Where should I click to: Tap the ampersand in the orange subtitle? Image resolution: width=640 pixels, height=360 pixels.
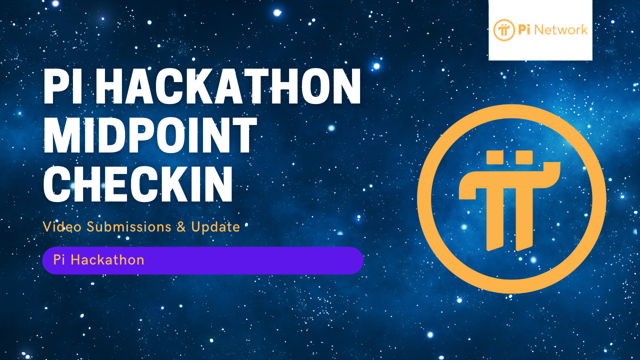[x=181, y=227]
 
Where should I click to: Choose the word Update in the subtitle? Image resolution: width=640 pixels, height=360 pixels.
[x=215, y=227]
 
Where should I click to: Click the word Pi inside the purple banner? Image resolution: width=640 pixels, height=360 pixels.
[x=59, y=260]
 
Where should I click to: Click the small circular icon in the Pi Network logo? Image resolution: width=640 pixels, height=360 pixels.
[x=503, y=30]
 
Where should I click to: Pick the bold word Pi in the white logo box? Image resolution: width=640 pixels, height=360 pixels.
[x=524, y=30]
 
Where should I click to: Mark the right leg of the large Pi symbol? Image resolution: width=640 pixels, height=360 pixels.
[x=524, y=220]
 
